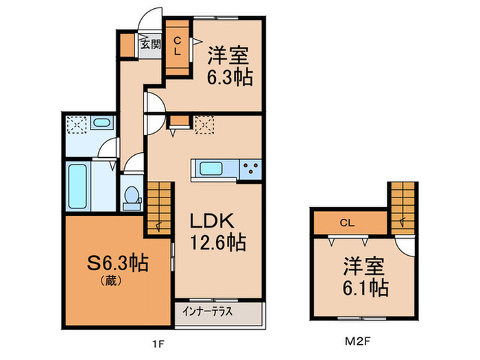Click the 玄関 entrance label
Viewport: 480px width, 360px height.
[x=150, y=45]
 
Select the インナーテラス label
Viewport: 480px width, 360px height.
[x=208, y=311]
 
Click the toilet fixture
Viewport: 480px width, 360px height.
[x=130, y=196]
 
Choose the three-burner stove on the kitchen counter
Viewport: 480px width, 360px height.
[x=250, y=168]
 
